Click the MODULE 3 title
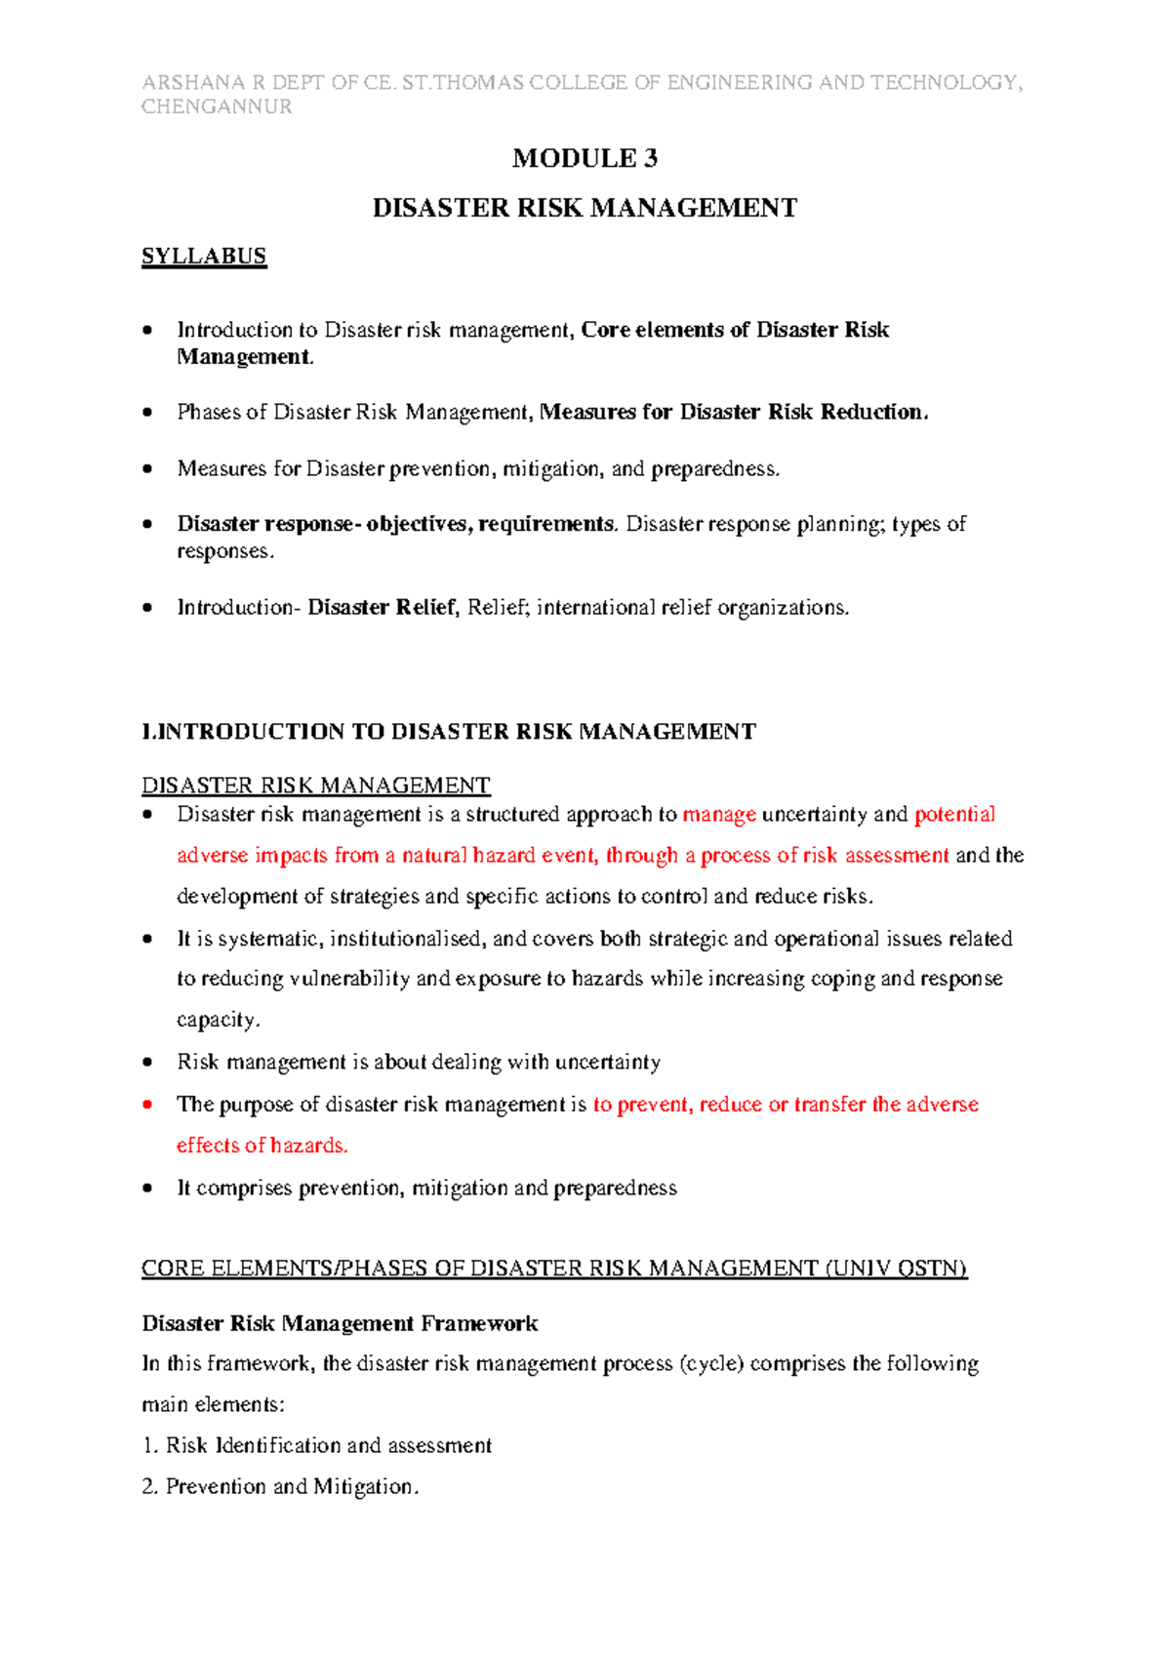tap(585, 158)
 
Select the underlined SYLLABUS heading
tap(204, 257)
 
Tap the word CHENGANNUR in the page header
tap(217, 107)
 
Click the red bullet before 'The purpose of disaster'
tap(147, 1105)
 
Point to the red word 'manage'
tap(719, 815)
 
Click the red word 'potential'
tap(954, 815)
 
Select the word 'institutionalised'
tap(406, 939)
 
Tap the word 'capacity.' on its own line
tap(218, 1020)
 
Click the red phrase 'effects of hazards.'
tap(262, 1146)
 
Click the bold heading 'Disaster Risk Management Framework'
tap(340, 1324)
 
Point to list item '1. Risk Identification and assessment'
tap(317, 1445)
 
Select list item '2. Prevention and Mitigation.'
tap(280, 1487)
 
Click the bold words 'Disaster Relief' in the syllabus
tap(382, 608)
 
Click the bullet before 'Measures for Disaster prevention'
tap(147, 469)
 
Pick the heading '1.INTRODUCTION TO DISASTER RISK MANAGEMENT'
tap(449, 732)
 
